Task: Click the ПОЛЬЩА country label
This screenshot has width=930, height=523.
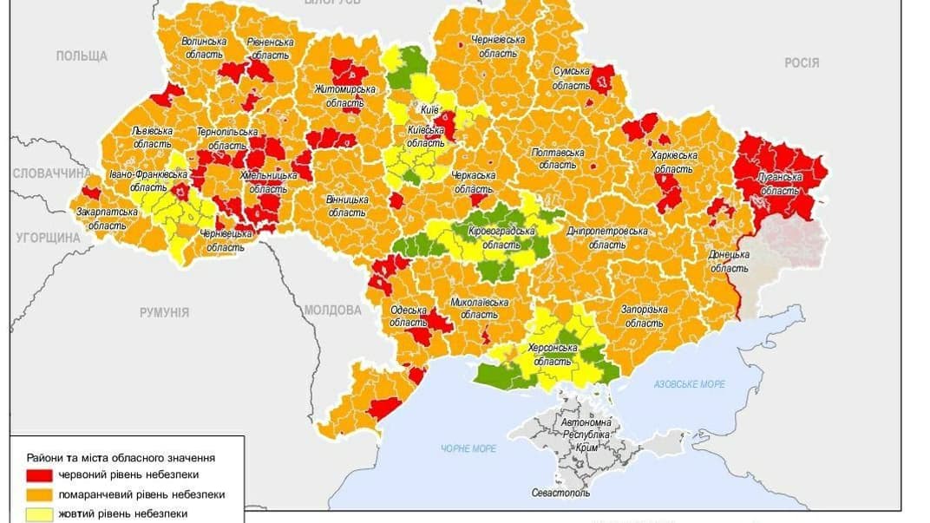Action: pyautogui.click(x=82, y=56)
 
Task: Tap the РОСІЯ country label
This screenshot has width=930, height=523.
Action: pyautogui.click(x=801, y=62)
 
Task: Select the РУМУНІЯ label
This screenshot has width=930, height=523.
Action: pyautogui.click(x=164, y=312)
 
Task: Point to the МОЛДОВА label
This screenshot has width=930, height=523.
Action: pyautogui.click(x=333, y=310)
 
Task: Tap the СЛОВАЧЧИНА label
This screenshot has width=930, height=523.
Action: pyautogui.click(x=45, y=173)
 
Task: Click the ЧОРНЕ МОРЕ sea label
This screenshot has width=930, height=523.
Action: pyautogui.click(x=468, y=448)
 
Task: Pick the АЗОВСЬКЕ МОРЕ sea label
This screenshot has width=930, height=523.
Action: pyautogui.click(x=690, y=383)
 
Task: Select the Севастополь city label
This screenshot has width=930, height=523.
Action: pyautogui.click(x=560, y=493)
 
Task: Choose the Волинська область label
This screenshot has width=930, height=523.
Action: pyautogui.click(x=204, y=47)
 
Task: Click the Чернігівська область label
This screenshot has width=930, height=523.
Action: pyautogui.click(x=498, y=46)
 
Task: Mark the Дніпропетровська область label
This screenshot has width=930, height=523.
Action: pyautogui.click(x=607, y=238)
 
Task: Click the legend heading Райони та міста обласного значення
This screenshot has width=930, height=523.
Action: pyautogui.click(x=121, y=457)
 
